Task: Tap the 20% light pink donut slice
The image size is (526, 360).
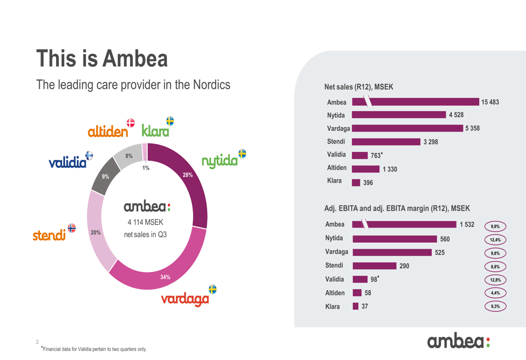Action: point(99,231)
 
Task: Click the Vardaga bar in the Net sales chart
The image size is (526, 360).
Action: point(408,128)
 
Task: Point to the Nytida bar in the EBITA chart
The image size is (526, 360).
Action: point(394,239)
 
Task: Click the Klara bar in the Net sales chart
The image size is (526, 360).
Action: point(356,182)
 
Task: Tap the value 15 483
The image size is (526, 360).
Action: point(490,102)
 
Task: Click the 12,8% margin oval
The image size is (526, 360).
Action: point(495,280)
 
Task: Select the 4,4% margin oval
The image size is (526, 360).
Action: point(495,293)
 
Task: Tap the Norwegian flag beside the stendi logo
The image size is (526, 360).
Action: point(72,228)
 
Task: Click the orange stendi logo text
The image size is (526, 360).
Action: point(49,235)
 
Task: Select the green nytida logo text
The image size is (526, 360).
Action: point(219,161)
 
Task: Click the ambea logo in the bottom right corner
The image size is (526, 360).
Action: point(459,342)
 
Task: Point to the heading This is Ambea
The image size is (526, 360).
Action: point(102,58)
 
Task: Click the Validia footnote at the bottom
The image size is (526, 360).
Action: point(94,349)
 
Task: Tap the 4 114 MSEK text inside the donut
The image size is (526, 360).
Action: point(146,223)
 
